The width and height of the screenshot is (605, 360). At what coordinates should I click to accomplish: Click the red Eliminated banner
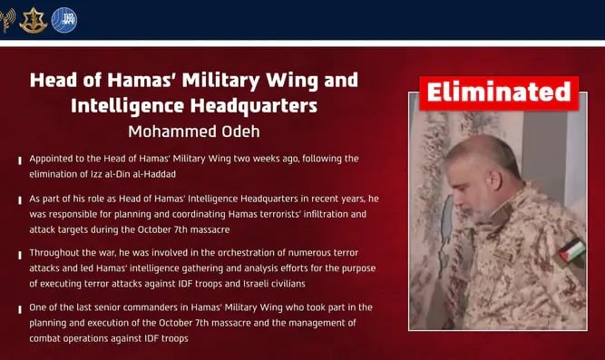(499, 93)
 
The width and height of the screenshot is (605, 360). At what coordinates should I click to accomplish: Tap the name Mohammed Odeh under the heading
(194, 131)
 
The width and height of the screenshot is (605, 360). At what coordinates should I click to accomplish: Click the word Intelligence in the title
(127, 106)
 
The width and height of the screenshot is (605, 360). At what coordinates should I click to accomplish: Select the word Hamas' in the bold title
(141, 80)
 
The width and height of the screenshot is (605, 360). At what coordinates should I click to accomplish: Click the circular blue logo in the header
(64, 20)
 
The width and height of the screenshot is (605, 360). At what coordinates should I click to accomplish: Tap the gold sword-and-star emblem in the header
(34, 21)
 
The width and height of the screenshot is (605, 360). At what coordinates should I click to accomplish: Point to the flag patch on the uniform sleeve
(573, 250)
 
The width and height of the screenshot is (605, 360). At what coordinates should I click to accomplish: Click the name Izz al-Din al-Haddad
(137, 174)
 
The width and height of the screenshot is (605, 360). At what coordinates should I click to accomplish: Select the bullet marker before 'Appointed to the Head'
(20, 161)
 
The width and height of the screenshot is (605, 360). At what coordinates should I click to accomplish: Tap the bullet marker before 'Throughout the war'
(20, 255)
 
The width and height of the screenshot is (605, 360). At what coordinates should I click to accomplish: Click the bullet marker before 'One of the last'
(20, 309)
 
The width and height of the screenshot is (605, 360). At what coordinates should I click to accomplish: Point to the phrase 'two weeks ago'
(266, 159)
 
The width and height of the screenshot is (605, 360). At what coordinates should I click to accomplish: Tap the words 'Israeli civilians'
(274, 284)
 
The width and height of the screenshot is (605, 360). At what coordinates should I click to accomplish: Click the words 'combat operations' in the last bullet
(69, 339)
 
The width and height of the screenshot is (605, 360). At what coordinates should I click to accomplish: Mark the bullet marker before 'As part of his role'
(20, 200)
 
